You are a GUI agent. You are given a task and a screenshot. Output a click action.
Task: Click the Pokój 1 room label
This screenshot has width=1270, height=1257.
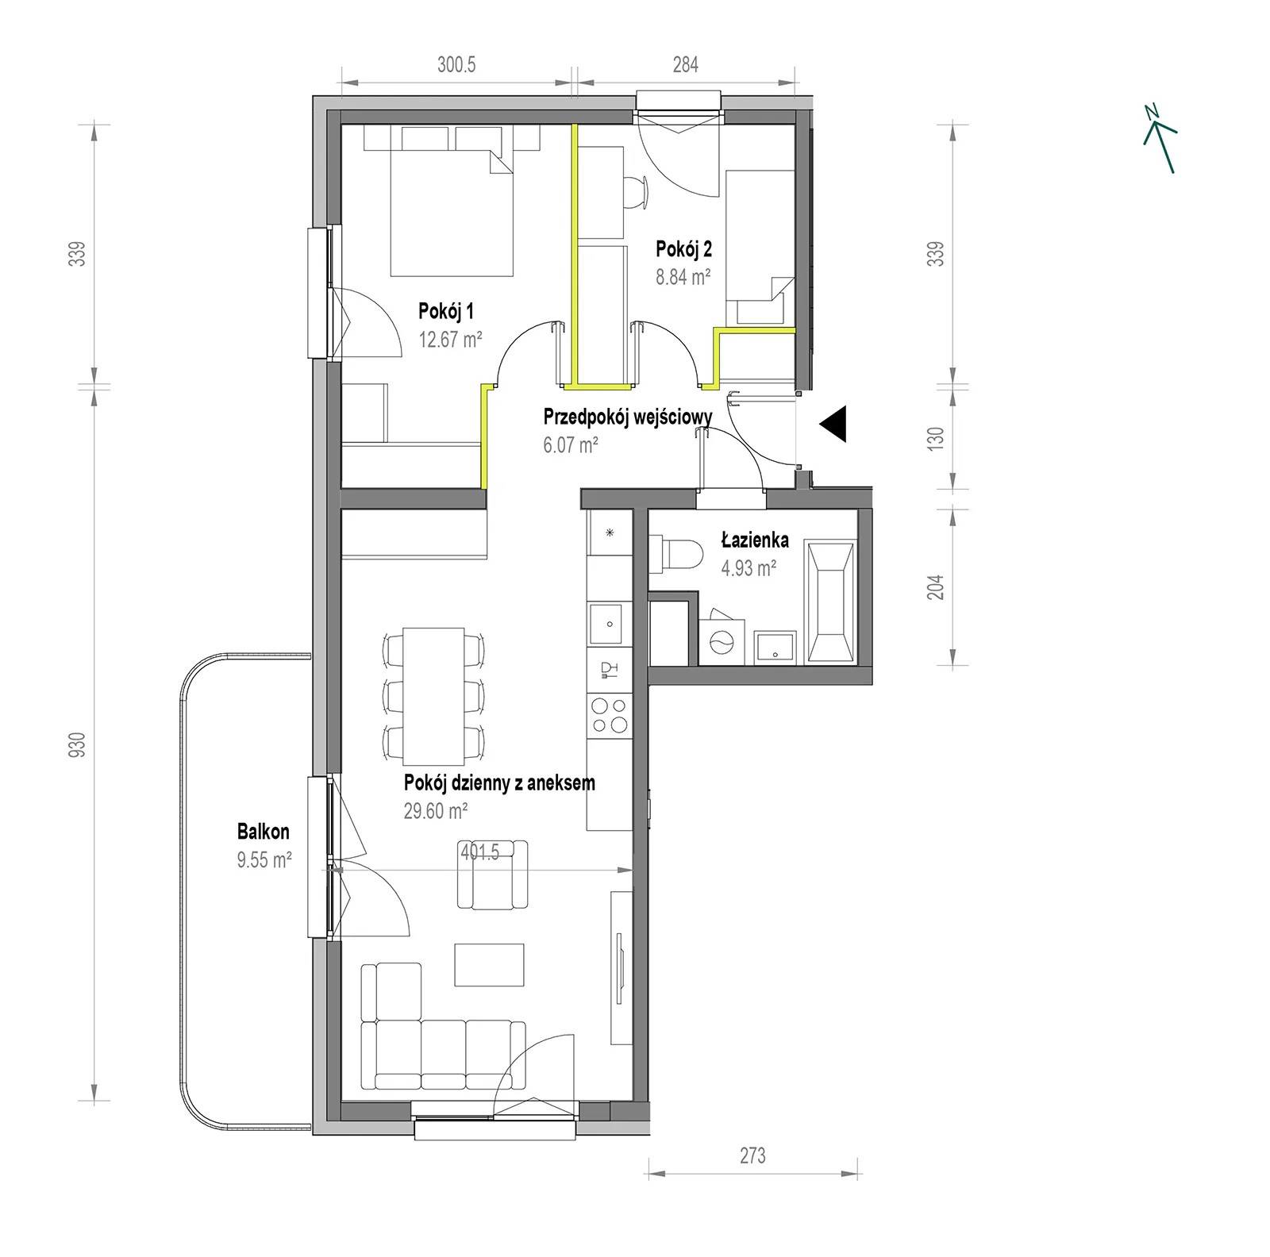click(x=447, y=310)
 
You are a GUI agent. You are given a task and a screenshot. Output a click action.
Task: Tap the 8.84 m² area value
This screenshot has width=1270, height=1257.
click(x=683, y=277)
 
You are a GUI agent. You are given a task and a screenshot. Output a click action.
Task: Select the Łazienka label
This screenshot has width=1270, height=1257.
click(x=755, y=540)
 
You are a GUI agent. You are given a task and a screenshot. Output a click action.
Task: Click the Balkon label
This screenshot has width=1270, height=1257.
click(x=263, y=832)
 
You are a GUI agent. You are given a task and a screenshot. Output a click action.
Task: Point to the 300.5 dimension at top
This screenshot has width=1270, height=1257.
click(x=456, y=65)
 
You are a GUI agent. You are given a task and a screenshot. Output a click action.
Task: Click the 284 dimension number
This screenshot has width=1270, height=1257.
click(x=686, y=65)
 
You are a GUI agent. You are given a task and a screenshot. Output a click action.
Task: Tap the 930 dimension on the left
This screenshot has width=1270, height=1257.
click(x=77, y=747)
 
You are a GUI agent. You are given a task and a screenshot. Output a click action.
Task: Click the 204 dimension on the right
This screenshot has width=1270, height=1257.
click(x=937, y=586)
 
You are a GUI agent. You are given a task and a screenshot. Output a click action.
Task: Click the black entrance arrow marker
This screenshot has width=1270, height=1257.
click(x=833, y=424)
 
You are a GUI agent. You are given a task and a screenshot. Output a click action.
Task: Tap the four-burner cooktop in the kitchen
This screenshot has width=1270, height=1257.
click(x=610, y=714)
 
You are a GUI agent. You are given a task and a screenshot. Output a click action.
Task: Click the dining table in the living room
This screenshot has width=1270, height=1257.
click(x=433, y=694)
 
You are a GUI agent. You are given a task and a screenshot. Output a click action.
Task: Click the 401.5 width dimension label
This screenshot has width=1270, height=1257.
click(x=479, y=852)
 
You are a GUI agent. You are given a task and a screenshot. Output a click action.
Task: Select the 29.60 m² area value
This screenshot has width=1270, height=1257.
click(x=435, y=810)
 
